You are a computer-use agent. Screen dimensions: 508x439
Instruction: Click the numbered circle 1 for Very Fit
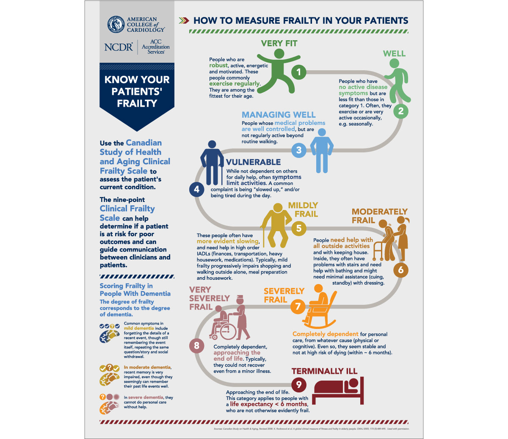point(299,72)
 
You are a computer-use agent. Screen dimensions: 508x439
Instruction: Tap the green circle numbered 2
point(400,111)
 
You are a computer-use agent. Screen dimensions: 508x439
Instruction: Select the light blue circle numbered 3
point(299,150)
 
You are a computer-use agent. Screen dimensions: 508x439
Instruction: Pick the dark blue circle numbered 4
point(196,189)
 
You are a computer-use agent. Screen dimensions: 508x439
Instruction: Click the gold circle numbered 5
point(299,229)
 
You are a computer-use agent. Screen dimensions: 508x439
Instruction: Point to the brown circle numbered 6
point(400,270)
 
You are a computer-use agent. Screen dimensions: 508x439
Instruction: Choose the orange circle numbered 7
point(298,306)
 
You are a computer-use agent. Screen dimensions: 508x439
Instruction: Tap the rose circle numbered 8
point(196,345)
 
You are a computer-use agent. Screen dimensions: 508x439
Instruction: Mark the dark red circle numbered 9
point(299,384)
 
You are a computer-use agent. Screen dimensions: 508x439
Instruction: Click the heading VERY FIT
point(279,44)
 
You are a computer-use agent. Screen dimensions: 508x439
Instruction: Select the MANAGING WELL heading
point(279,115)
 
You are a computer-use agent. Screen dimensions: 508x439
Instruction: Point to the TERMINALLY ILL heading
point(324,371)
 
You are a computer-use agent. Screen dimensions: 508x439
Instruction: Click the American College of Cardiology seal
point(115,25)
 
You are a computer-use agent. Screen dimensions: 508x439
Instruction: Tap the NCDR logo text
point(119,47)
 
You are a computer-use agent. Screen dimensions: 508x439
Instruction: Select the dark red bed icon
point(338,391)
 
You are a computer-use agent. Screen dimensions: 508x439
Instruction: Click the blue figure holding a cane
point(212,165)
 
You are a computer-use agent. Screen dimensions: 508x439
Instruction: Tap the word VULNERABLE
point(253,162)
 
